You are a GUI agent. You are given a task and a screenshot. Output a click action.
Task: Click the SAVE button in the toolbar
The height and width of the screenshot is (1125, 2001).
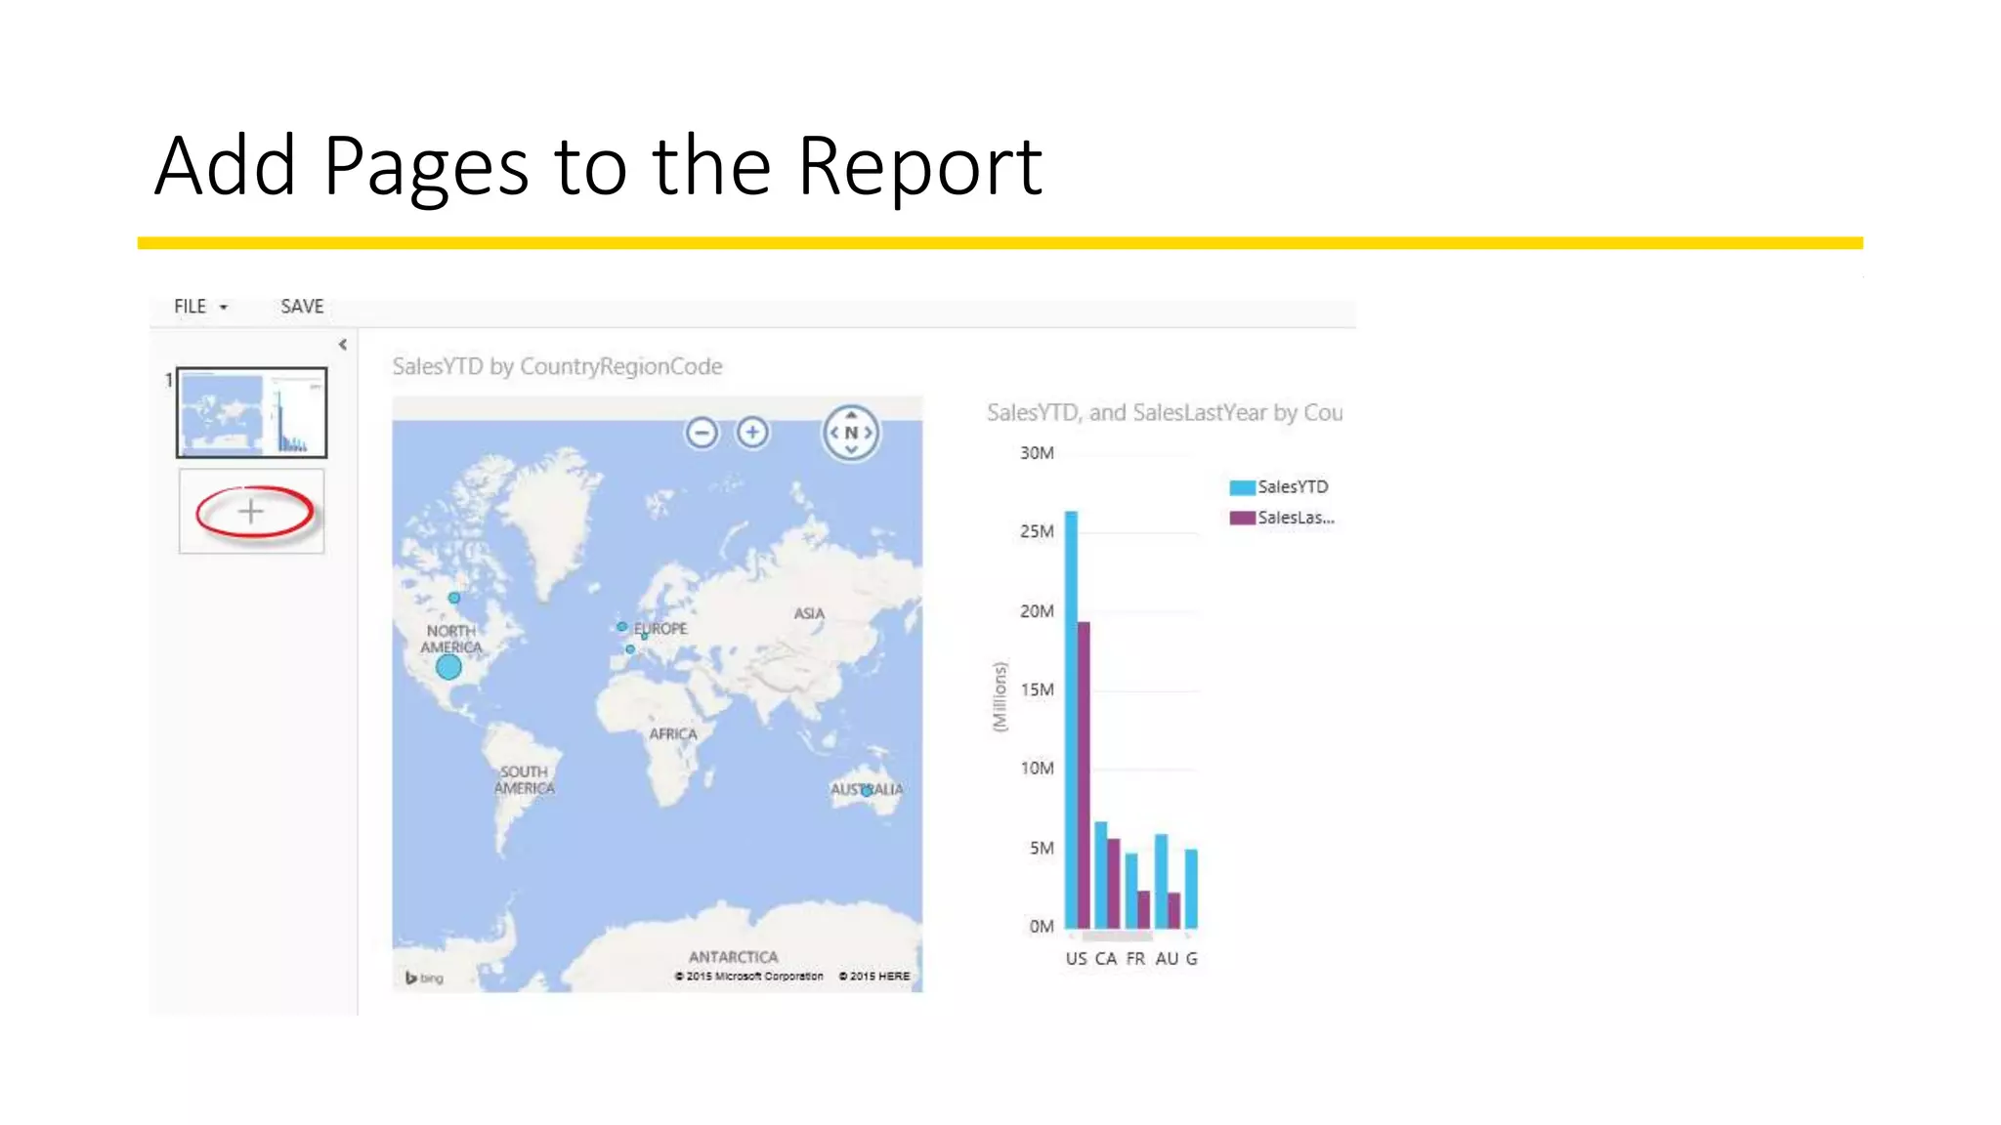[x=302, y=307]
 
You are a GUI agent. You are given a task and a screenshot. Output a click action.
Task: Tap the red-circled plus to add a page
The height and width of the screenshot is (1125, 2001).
[x=251, y=512]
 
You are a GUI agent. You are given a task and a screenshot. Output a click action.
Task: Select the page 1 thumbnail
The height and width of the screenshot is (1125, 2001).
[x=251, y=412]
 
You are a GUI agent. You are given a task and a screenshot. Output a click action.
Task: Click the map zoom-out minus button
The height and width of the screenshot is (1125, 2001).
[x=702, y=432]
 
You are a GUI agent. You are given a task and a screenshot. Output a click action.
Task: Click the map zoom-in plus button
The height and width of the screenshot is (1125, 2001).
[x=752, y=432]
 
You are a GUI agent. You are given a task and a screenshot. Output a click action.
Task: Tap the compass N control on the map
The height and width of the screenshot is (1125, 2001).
[x=851, y=433]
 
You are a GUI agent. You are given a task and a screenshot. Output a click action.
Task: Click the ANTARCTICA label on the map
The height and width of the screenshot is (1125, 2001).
[x=733, y=957]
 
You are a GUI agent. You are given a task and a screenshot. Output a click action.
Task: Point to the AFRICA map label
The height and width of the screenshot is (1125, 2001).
[x=673, y=734]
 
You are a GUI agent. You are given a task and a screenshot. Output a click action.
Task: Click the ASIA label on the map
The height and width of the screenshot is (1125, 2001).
[x=809, y=613]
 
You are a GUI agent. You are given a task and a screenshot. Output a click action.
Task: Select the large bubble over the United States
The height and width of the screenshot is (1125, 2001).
[x=448, y=667]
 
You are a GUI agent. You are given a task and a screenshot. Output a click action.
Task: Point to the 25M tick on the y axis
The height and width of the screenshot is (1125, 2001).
[x=1037, y=532]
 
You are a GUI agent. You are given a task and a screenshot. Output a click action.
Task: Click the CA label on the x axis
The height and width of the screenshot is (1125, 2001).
[x=1105, y=959]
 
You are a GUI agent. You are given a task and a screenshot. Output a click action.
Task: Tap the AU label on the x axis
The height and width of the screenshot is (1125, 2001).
[x=1167, y=959]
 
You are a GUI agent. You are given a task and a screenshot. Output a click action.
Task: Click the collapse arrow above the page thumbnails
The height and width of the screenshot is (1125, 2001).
[x=343, y=345]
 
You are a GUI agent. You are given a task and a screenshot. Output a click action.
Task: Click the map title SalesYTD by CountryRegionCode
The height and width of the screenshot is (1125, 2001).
[x=557, y=366]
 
